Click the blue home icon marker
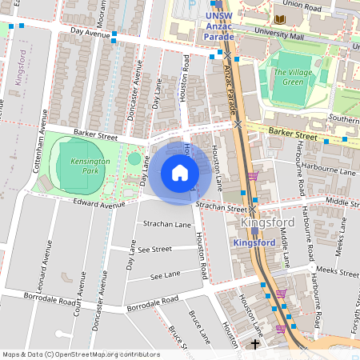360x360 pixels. coord(180,173)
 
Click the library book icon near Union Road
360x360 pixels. coord(280,19)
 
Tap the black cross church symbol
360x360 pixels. coord(255,345)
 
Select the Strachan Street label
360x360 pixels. coord(219,206)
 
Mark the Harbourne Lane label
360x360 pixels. coord(334,170)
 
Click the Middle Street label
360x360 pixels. coord(343,200)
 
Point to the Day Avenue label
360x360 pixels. coord(89,33)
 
